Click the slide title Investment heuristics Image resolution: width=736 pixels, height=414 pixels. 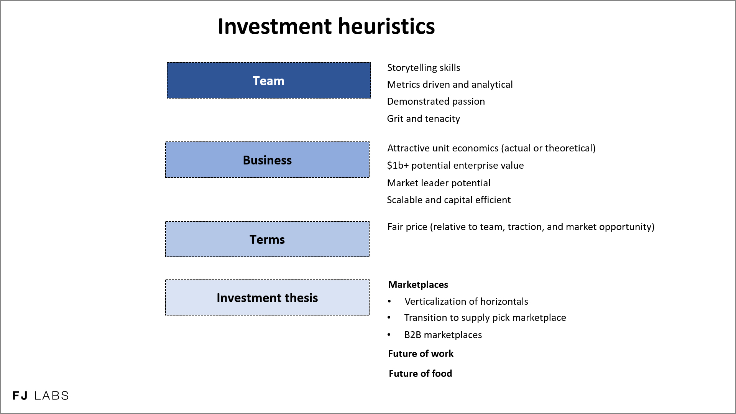click(326, 26)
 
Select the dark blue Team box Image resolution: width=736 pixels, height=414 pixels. click(269, 80)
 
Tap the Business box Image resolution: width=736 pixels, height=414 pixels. click(267, 160)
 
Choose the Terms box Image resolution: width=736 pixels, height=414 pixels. click(267, 239)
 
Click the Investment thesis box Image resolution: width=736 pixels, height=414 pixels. click(267, 297)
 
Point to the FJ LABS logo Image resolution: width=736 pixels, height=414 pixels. click(41, 396)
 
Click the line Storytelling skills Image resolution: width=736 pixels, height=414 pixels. click(424, 68)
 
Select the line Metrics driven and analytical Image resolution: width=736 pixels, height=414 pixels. click(450, 85)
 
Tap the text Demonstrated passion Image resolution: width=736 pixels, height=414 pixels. click(436, 102)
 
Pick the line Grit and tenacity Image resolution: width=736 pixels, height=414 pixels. click(423, 119)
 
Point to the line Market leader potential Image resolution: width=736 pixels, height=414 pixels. click(439, 183)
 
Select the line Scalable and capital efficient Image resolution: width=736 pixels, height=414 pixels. click(449, 200)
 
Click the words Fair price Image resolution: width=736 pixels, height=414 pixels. click(407, 227)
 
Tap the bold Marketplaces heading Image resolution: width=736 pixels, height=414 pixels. click(418, 285)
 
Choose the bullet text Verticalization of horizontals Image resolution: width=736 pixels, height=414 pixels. click(466, 302)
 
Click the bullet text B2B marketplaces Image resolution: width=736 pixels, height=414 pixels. click(443, 335)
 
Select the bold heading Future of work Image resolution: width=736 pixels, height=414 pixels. click(421, 354)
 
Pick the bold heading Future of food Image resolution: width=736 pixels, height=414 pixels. click(420, 374)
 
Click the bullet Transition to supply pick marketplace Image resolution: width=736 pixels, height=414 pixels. click(485, 318)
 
